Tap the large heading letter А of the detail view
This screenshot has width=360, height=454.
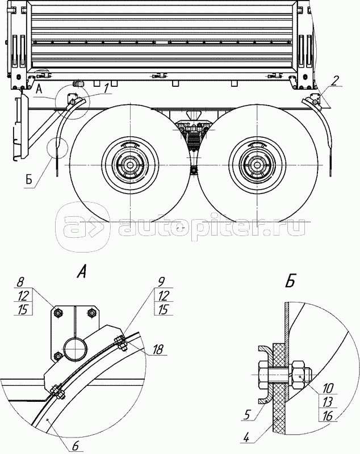(x=82, y=273)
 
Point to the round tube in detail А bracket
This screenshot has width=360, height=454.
(x=74, y=348)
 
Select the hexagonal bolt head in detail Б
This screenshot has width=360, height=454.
(x=262, y=375)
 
